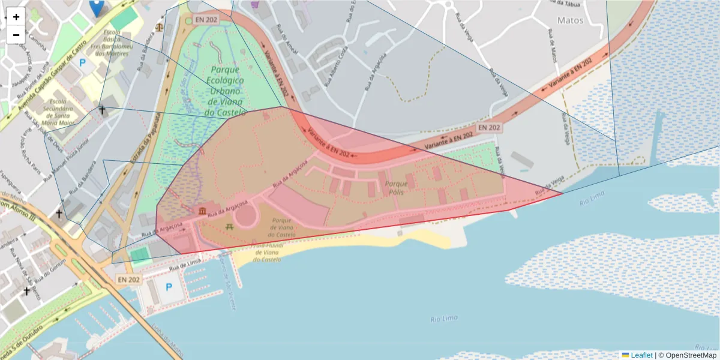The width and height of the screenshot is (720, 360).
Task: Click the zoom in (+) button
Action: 16,17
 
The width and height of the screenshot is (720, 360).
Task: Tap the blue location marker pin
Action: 96,7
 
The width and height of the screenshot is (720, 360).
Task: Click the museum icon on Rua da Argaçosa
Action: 202,211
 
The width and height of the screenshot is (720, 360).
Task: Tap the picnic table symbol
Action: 229,226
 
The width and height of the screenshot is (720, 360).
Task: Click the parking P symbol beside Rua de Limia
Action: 169,287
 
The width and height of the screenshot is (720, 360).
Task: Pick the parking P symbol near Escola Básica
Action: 82,62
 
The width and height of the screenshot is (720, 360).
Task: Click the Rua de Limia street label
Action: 185,265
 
